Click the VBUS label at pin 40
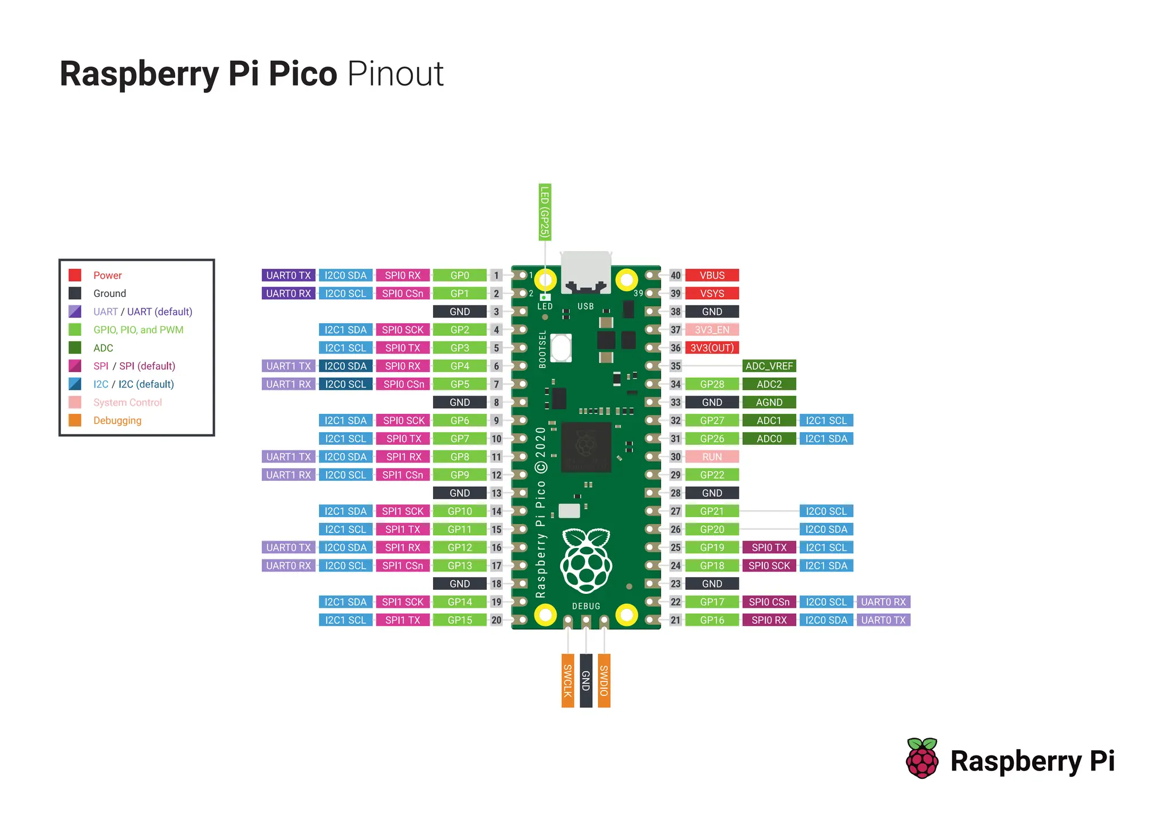click(712, 275)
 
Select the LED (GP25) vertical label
click(545, 212)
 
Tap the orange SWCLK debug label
click(568, 680)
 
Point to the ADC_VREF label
click(769, 366)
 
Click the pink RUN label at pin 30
click(712, 457)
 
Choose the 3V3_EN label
click(712, 330)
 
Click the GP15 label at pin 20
click(460, 620)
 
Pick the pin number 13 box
click(496, 493)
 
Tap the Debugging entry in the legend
click(117, 420)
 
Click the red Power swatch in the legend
click(75, 275)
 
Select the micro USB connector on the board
click(585, 272)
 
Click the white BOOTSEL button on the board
click(561, 347)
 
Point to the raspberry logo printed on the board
click(586, 561)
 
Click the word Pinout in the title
click(395, 74)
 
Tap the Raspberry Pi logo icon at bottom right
click(922, 759)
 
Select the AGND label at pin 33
click(769, 402)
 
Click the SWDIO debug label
click(604, 680)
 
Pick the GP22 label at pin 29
click(712, 475)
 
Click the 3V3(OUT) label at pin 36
click(712, 348)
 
